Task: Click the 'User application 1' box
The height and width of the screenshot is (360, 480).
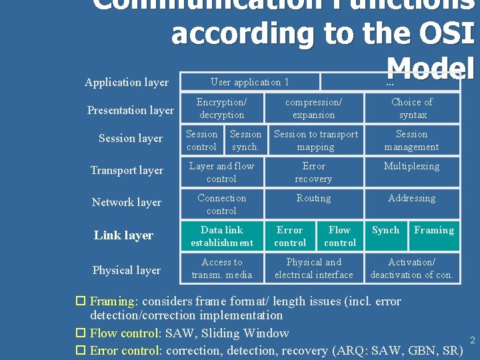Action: (x=250, y=82)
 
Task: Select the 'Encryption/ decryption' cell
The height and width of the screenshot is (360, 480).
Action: (x=222, y=108)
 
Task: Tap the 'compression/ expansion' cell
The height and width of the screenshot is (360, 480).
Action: (x=313, y=108)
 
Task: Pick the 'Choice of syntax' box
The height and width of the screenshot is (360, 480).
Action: (x=411, y=108)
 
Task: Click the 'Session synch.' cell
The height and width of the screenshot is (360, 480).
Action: (x=245, y=140)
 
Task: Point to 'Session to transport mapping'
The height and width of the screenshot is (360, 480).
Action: (x=316, y=140)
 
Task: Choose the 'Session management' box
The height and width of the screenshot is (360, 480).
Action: (x=411, y=140)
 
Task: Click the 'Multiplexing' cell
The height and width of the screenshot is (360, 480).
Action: (x=411, y=167)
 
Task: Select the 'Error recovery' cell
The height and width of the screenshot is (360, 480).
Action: (x=313, y=172)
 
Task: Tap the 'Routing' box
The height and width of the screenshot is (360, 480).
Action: (x=313, y=198)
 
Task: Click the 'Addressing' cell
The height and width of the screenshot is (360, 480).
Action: (x=411, y=198)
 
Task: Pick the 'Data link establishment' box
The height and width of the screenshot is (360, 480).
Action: (x=222, y=236)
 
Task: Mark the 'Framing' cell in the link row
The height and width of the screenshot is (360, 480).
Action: (x=433, y=231)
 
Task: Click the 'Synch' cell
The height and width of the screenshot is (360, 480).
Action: (x=385, y=231)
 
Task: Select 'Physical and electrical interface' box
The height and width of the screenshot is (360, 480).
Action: (x=313, y=268)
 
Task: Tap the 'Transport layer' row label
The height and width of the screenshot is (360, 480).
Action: (x=127, y=171)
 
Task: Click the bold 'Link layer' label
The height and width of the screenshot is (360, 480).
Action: (x=123, y=235)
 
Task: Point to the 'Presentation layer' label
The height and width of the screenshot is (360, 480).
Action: (x=131, y=110)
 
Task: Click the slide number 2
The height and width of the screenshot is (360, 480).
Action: (x=472, y=341)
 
